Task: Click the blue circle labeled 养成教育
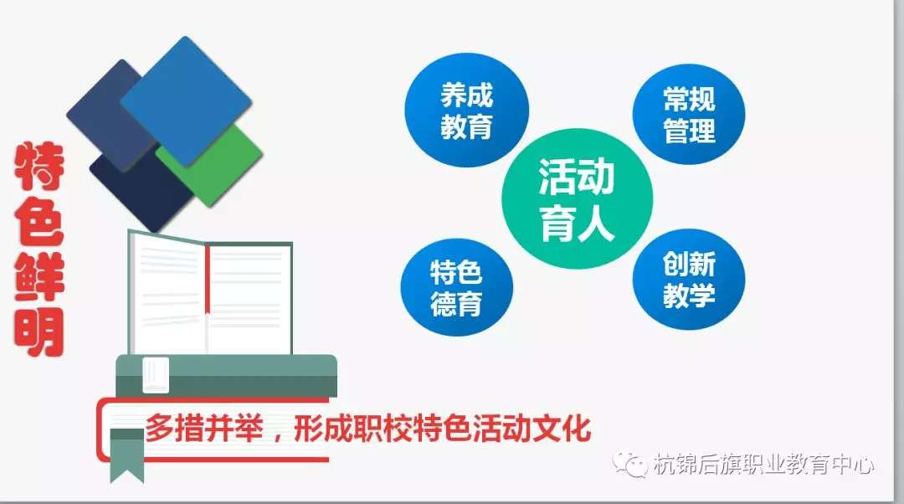point(466,111)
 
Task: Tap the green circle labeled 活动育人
point(577,198)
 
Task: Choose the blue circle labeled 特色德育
point(457,287)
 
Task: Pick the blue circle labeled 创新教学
point(688,279)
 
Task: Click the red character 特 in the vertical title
point(39,167)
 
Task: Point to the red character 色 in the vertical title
point(39,221)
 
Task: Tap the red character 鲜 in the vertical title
point(39,277)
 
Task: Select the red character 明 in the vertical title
point(39,332)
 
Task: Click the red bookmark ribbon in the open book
point(208,279)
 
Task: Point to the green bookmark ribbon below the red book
point(127,455)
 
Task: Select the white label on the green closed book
point(156,375)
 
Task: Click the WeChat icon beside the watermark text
point(630,464)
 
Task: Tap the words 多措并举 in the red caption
point(204,428)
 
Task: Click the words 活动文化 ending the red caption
point(532,428)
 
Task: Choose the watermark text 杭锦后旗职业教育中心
point(763,464)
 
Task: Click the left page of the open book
point(168,294)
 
